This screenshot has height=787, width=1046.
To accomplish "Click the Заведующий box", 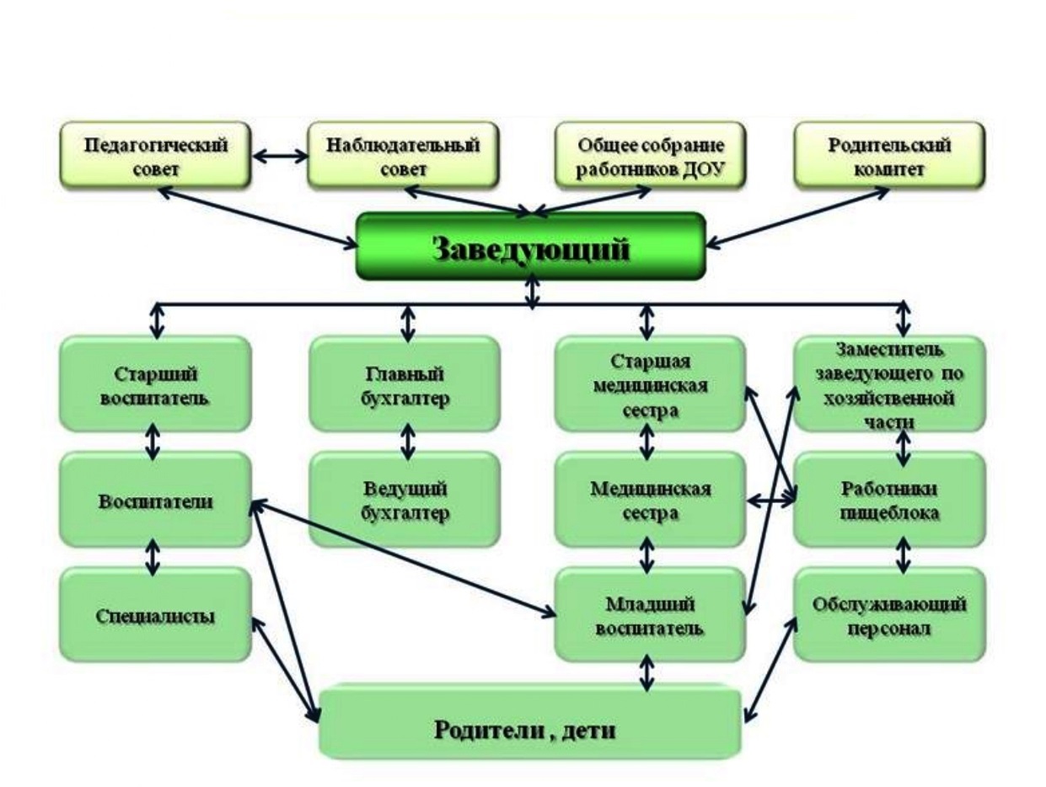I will (x=530, y=245).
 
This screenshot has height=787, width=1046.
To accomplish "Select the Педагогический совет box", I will (x=155, y=154).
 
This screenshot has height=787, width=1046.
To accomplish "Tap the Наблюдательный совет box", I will (x=403, y=154).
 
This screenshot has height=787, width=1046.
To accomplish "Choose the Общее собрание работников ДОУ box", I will (x=652, y=154).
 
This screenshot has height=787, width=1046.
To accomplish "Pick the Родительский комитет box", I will (x=889, y=154).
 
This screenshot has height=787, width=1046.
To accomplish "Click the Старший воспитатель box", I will (x=154, y=384).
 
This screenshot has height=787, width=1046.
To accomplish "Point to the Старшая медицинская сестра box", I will (x=649, y=384).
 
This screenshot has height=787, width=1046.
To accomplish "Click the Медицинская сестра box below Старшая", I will (x=649, y=500).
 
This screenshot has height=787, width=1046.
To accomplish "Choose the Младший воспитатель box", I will (x=649, y=615).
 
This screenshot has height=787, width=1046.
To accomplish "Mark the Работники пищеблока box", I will (x=890, y=500).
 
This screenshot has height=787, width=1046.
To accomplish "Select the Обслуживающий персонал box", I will (x=890, y=615).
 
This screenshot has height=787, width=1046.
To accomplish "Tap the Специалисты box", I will (x=154, y=615).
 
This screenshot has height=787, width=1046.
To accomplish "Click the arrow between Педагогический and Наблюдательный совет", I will (x=280, y=155).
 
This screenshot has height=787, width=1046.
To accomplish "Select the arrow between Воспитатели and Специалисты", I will (x=153, y=556).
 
